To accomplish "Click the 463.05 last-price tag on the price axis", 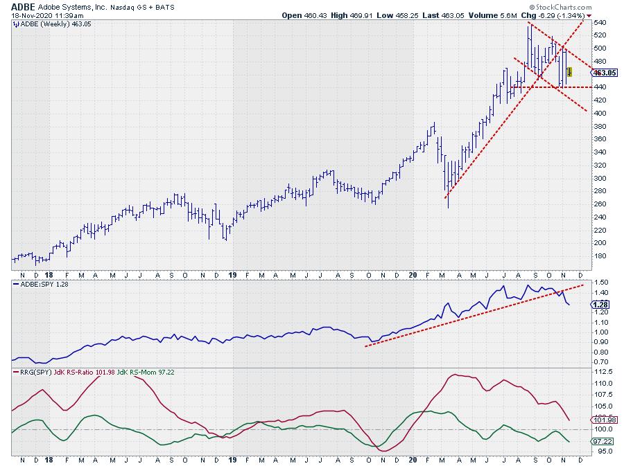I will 605,72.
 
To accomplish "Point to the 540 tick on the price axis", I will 600,23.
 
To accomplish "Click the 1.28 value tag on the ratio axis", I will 602,303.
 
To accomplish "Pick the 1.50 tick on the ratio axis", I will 600,282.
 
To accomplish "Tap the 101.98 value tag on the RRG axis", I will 605,420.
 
